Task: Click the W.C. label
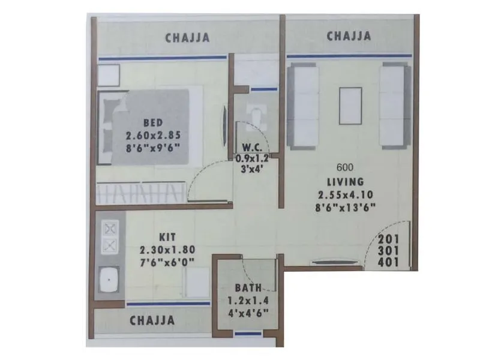tap(251, 148)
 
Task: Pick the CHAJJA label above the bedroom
tap(187, 38)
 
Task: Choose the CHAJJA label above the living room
tap(349, 36)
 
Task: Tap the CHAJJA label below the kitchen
tap(152, 320)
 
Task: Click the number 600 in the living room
tap(344, 168)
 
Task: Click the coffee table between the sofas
tap(350, 106)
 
